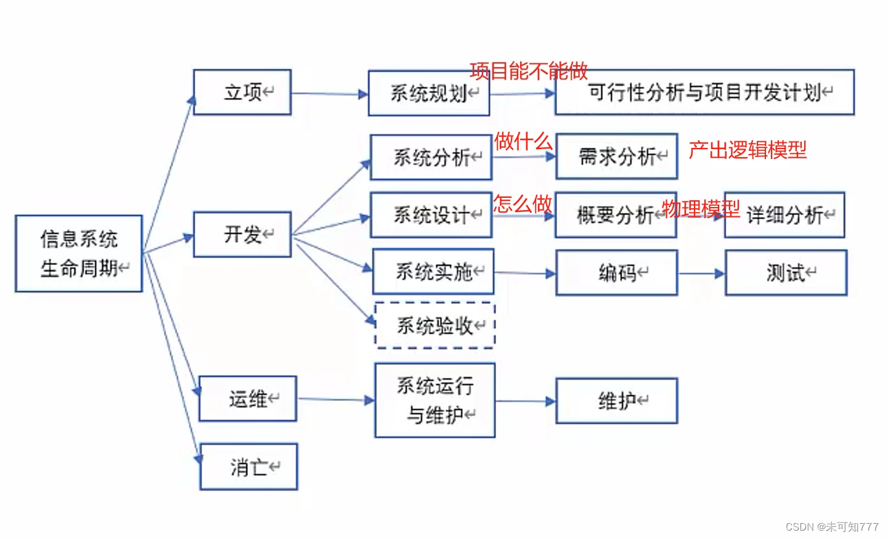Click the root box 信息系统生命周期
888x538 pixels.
click(x=79, y=253)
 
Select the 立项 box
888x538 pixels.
click(x=242, y=92)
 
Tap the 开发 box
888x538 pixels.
click(x=242, y=235)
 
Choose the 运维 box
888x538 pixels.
click(x=248, y=399)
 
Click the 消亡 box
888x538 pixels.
click(x=249, y=467)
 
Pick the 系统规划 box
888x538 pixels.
click(x=429, y=94)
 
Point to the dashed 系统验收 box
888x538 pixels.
click(x=435, y=325)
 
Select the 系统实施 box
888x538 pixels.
click(x=433, y=272)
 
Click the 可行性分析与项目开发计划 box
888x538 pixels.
click(x=704, y=92)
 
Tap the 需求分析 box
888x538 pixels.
click(x=617, y=157)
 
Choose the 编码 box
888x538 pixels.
click(x=617, y=272)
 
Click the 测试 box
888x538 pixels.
click(x=786, y=272)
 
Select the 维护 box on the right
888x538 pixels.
click(x=617, y=401)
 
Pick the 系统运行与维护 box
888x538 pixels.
click(x=435, y=401)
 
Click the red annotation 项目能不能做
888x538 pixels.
click(x=529, y=71)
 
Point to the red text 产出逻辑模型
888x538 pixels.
click(x=747, y=150)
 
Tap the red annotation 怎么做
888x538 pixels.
click(x=523, y=203)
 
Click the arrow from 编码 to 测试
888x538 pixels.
click(x=701, y=273)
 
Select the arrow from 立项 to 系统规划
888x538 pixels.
click(x=330, y=94)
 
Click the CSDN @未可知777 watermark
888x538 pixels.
click(x=832, y=527)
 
